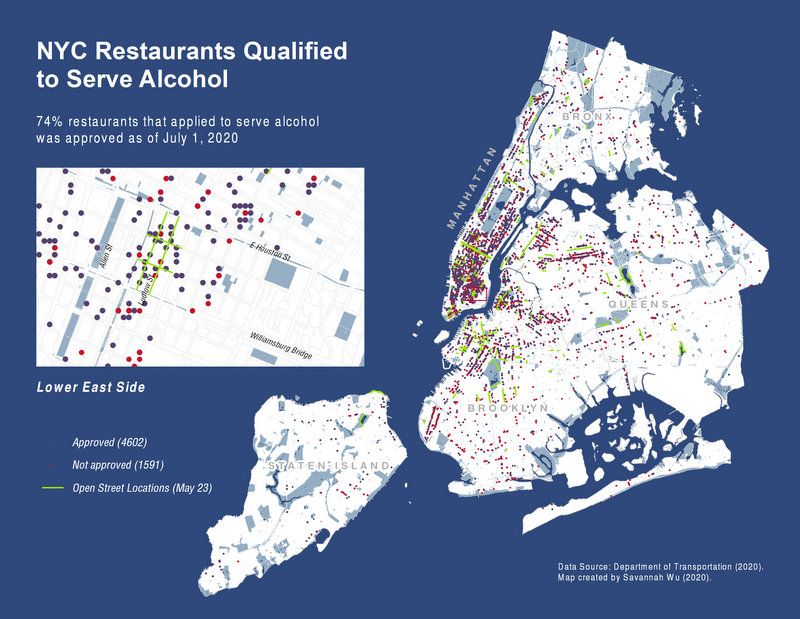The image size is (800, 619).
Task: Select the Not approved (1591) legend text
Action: click(x=118, y=465)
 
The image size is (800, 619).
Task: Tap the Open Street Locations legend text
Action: click(x=141, y=489)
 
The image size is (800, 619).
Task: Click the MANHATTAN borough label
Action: click(x=471, y=190)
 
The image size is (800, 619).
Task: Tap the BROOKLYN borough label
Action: click(x=507, y=409)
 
